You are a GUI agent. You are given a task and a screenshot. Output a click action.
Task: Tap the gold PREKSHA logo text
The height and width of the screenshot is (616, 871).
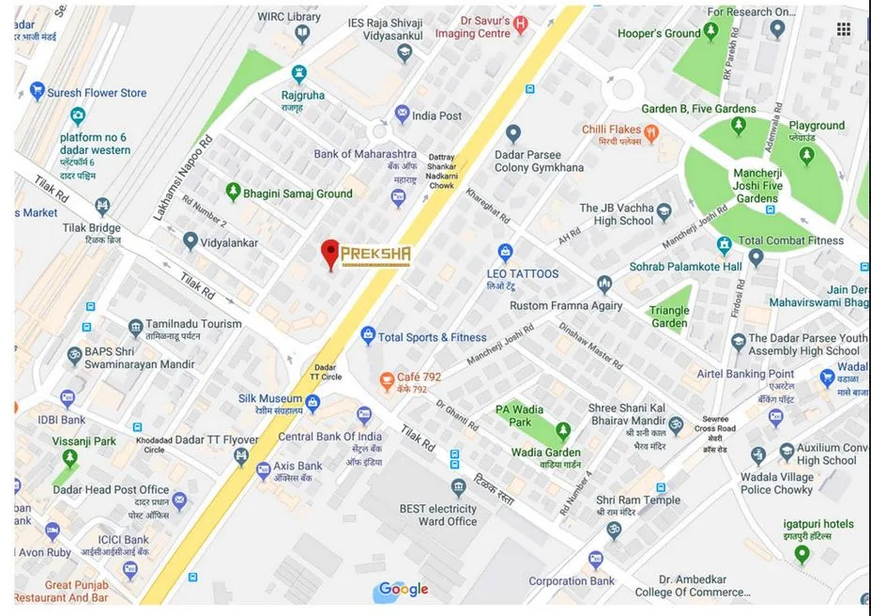coord(375,255)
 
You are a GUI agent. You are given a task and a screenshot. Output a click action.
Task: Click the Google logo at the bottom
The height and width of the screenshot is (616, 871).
coord(404,590)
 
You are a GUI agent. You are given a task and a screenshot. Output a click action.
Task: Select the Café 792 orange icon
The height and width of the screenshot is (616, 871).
coord(386,381)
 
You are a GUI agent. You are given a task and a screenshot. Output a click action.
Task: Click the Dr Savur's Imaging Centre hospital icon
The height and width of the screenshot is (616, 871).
coord(521,23)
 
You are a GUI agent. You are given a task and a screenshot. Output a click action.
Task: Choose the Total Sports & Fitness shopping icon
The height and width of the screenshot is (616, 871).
coord(368,336)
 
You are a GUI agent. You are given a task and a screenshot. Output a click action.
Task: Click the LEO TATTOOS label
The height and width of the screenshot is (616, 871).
coord(522,274)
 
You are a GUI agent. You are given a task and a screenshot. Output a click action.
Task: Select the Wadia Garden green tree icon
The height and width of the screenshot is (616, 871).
coord(563,431)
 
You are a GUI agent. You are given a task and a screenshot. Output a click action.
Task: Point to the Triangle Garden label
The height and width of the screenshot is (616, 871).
coord(669,317)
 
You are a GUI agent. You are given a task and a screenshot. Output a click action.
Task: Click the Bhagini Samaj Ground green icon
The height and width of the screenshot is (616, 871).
coord(233,192)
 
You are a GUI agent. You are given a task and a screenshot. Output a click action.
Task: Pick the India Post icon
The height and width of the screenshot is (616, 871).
coord(403,115)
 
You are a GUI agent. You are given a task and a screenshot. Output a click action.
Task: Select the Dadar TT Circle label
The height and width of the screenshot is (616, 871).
coord(326,372)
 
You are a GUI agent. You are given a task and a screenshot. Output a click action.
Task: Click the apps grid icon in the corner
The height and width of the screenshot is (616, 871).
coord(844,29)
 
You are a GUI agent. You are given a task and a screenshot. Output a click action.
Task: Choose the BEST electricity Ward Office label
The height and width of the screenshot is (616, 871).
coord(438,515)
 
